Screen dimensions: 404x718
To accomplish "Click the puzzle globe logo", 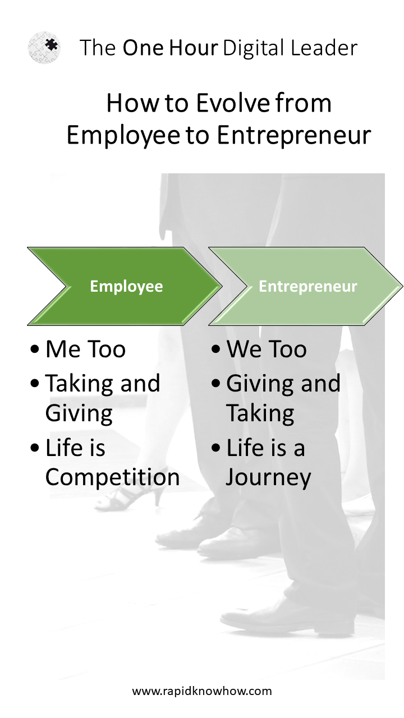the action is [44, 48].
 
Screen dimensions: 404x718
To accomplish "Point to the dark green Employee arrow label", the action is [126, 286].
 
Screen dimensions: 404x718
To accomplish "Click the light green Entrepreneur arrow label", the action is [308, 286].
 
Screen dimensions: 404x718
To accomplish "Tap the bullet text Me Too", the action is [85, 349].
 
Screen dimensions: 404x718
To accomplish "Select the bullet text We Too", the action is [267, 349].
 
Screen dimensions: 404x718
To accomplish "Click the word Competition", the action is [112, 477].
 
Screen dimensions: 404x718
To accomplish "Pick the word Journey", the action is [268, 477].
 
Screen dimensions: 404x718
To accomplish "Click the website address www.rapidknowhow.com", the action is [202, 691].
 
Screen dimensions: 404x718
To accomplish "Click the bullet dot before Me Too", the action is [34, 349].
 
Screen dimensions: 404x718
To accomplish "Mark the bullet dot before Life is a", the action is [216, 448].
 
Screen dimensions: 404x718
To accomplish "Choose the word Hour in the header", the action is [194, 48].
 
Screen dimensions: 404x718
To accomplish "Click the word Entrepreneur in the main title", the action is [293, 136].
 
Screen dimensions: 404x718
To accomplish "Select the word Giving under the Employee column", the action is [79, 413].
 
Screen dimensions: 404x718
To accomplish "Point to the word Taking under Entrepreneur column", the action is [260, 413].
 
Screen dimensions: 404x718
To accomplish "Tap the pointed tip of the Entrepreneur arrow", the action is [402, 286].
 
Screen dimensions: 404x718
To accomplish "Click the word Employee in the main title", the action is [123, 136].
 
